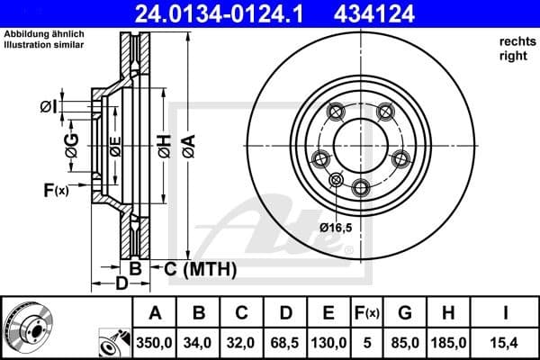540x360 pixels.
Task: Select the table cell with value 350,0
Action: (x=155, y=342)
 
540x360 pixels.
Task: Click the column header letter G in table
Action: (x=404, y=314)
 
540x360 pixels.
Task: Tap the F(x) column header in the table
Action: (x=369, y=314)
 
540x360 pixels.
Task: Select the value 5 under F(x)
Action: (x=369, y=342)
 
